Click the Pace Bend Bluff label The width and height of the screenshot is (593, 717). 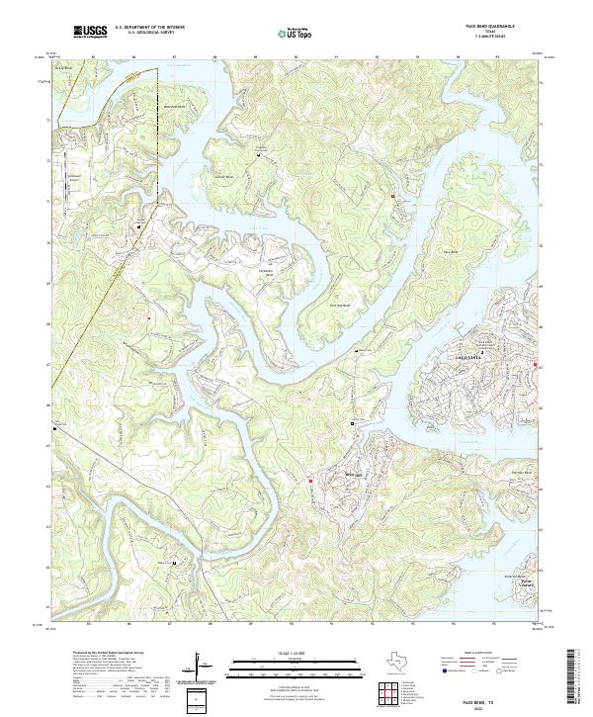click(342, 306)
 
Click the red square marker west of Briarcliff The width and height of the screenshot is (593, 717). click(310, 482)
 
